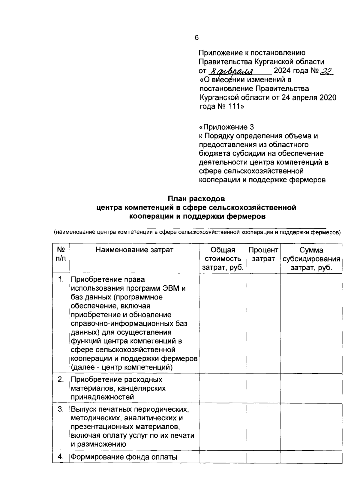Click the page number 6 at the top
196,38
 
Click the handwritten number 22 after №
326,71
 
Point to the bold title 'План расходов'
196,199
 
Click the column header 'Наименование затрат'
134,250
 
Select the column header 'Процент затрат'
263,254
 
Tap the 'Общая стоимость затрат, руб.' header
223,259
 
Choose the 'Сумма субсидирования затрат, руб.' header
311,259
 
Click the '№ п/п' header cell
61,254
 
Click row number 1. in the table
61,280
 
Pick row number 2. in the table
61,379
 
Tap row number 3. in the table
61,409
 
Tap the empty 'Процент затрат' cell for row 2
263,388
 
